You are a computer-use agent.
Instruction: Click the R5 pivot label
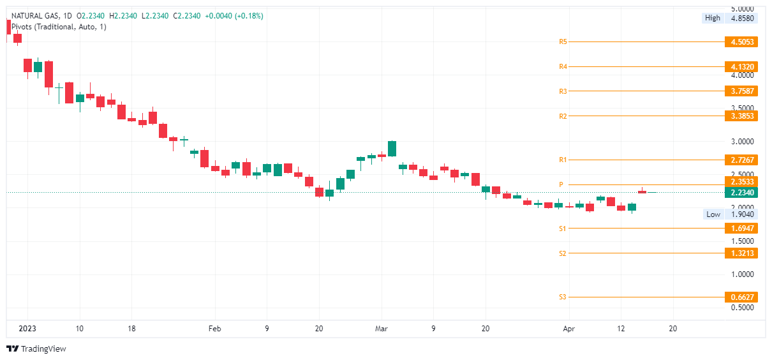563,42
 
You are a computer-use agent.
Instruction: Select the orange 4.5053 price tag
741,42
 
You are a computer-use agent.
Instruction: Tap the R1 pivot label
563,160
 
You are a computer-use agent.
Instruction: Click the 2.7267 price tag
741,160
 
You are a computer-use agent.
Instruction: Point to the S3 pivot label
563,297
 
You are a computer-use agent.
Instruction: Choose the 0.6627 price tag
741,297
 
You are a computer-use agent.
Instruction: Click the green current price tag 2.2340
741,192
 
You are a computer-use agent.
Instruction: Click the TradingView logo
36,349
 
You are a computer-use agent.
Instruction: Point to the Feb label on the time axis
214,328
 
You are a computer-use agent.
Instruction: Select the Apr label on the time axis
569,328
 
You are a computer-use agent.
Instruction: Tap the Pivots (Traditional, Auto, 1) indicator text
56,27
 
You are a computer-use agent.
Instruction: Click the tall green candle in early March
392,148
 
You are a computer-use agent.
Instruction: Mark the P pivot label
561,184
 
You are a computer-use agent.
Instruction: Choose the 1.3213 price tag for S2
741,253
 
